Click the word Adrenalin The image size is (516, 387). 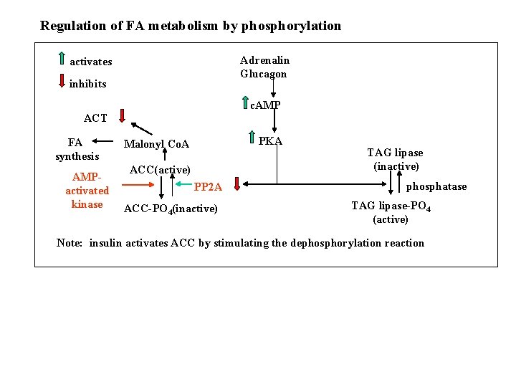pos(264,60)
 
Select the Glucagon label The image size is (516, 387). pos(263,74)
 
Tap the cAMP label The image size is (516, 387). pos(265,105)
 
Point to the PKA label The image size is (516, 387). pos(269,141)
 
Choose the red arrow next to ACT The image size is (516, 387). pos(123,115)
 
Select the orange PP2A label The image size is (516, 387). pos(208,188)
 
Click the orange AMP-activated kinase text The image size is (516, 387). pos(87,191)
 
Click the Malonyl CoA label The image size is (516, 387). pos(156,144)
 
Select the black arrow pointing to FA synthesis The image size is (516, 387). pos(103,142)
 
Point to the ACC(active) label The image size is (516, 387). pos(160,170)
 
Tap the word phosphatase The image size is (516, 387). pos(436,187)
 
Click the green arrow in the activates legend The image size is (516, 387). pos(62,59)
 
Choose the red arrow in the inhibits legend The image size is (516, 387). pos(62,80)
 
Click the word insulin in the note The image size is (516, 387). pos(105,243)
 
